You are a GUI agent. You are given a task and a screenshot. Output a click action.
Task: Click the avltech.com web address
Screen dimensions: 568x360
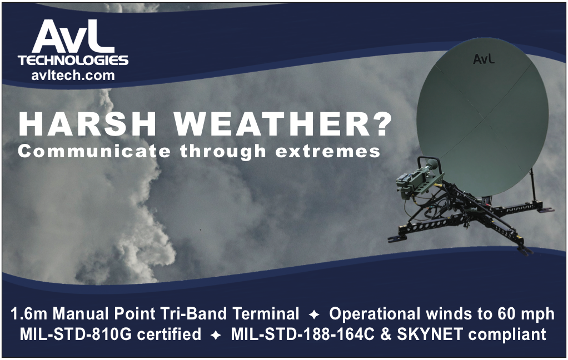(x=73, y=76)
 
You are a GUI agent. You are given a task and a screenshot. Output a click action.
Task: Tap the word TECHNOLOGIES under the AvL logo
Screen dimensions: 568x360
(x=73, y=60)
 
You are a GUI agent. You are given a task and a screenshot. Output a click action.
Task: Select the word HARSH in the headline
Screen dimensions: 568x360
(x=87, y=124)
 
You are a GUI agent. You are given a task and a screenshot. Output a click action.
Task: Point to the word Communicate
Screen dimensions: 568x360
(x=94, y=151)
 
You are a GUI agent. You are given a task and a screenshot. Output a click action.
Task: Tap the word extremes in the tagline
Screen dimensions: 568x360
(x=328, y=151)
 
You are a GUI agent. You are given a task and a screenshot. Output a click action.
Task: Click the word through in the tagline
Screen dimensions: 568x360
(x=223, y=151)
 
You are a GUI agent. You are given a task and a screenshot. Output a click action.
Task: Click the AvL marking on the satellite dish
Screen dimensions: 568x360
(x=484, y=59)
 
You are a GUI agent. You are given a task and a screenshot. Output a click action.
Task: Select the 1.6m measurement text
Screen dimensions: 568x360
(x=29, y=314)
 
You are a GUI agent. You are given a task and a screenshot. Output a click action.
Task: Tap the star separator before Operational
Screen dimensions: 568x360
(x=314, y=315)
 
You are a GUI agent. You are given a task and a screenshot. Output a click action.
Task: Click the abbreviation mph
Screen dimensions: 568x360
(x=538, y=315)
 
